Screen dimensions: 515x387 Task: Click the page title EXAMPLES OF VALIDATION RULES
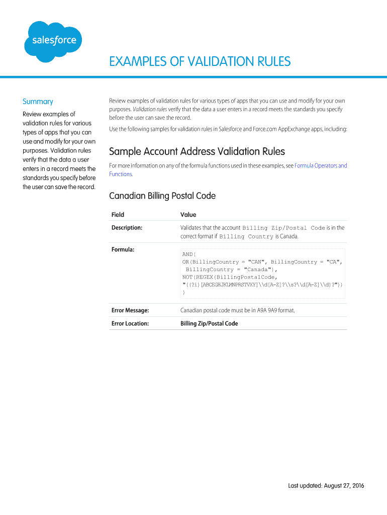coord(200,61)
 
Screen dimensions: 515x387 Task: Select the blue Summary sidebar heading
coord(38,102)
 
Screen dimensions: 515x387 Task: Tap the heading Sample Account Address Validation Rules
coord(197,151)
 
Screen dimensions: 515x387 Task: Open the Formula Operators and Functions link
coord(320,165)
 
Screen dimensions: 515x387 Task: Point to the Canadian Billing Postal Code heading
coord(162,196)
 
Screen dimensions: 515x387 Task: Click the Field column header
coord(118,215)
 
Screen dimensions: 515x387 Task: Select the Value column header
coord(188,215)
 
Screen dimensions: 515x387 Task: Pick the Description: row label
coord(127,228)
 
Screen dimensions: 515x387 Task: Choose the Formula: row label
coord(123,249)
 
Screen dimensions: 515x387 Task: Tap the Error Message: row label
coord(130,310)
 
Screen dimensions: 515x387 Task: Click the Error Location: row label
coord(130,323)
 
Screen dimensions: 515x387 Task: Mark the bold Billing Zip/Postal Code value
coord(209,323)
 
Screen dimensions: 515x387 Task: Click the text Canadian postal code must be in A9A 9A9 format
coord(237,310)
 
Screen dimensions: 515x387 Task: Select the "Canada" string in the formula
coord(260,270)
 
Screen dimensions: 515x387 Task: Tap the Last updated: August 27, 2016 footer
coord(326,486)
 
